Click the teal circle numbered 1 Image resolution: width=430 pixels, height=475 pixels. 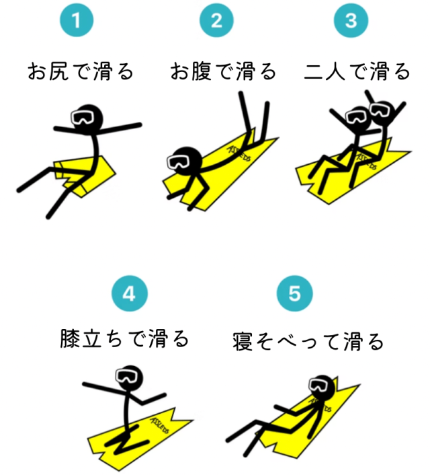point(77,20)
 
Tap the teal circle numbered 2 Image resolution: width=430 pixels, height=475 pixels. point(216,20)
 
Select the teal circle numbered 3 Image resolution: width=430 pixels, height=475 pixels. point(351,20)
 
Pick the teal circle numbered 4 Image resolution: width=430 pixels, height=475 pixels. point(130,293)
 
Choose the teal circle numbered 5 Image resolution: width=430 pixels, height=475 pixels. point(295,293)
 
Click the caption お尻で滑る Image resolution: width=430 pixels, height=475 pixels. point(81,71)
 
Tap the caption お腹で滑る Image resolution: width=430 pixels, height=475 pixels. point(223,71)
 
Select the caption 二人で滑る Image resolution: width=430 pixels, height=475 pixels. point(357,71)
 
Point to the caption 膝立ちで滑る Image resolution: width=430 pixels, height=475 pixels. point(125,338)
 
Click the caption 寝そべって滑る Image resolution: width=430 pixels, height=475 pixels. point(308,341)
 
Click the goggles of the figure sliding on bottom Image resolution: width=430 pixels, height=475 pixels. point(82,117)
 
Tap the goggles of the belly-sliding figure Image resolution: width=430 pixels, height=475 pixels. point(178,161)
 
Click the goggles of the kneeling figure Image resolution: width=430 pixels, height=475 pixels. point(127,375)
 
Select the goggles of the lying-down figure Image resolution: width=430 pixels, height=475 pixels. point(319,385)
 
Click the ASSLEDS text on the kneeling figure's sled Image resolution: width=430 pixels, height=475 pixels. point(160,425)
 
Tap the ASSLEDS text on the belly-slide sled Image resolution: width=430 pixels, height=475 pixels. point(239,153)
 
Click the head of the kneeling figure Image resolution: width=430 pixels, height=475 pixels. point(129,377)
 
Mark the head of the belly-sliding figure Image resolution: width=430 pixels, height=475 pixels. point(185,161)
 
